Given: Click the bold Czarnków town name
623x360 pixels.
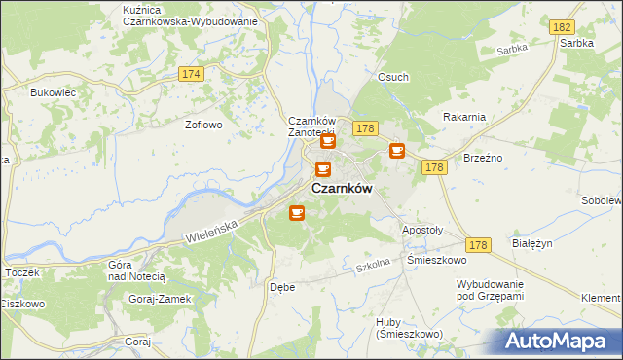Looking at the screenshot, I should [x=341, y=189].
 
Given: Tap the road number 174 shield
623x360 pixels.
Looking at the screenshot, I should [x=191, y=74].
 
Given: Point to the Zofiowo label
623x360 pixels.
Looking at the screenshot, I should [x=204, y=125].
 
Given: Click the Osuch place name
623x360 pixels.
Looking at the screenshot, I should [x=393, y=77].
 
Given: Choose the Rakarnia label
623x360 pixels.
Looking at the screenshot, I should [x=463, y=117].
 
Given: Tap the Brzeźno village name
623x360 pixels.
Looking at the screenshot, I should [x=483, y=158].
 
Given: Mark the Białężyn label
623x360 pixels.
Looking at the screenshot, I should [x=532, y=245].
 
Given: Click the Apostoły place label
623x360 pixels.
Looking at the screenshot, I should [x=422, y=231].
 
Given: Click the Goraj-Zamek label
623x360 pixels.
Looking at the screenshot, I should [x=161, y=299].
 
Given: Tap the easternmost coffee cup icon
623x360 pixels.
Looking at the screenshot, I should [x=397, y=150].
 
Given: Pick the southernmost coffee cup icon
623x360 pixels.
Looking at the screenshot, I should [x=297, y=212].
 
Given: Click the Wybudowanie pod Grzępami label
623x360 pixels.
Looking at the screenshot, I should [x=491, y=289].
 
